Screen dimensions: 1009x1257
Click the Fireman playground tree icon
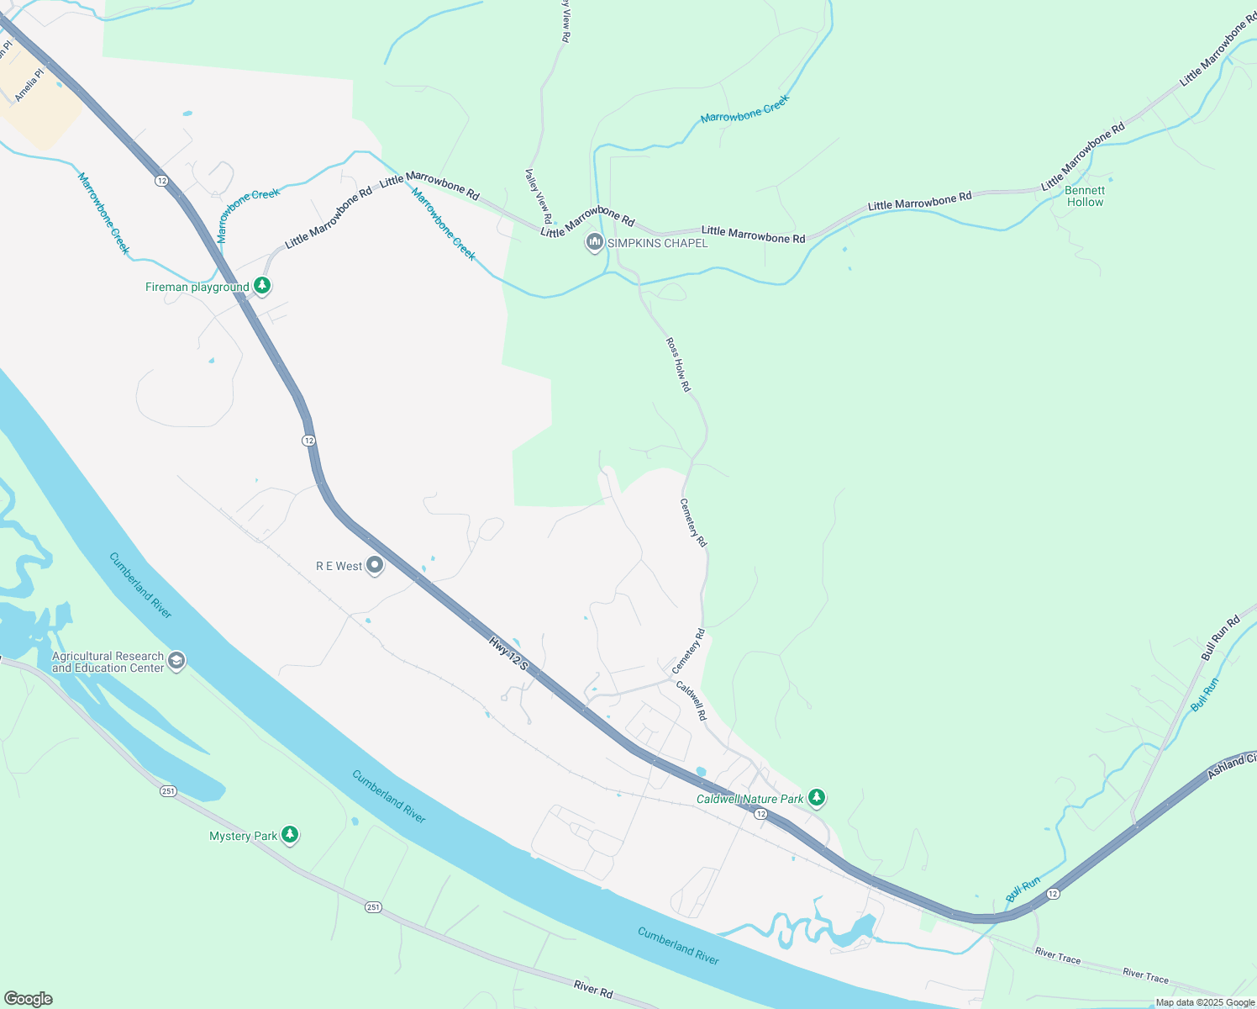262,287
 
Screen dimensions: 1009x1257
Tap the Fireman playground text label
197,288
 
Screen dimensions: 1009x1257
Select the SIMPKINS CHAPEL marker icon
595,243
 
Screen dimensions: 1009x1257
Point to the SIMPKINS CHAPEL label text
658,243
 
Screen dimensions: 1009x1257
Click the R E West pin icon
376,566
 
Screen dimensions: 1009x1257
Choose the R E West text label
339,566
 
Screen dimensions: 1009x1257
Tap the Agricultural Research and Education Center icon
176,662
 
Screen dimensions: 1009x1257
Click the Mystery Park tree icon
290,835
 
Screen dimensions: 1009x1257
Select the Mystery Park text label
244,836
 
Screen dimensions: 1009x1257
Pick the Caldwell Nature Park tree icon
817,798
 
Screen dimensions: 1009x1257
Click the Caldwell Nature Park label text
750,799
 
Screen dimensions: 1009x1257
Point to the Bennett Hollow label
1085,196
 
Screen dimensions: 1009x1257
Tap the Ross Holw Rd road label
678,365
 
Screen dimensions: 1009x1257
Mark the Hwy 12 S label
509,653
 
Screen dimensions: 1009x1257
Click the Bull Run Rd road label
1221,639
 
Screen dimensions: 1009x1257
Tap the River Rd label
593,989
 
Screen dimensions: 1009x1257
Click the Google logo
28,999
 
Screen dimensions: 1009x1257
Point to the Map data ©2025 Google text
1205,1002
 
